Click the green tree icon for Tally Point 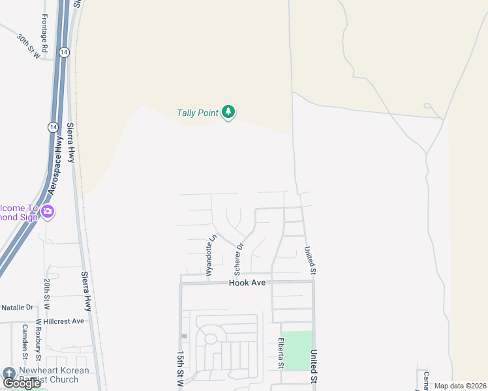(x=228, y=113)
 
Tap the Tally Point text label (x=197, y=113)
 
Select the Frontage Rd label (x=44, y=34)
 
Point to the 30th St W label (x=28, y=47)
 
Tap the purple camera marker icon (x=47, y=212)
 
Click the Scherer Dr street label (x=239, y=258)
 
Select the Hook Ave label (x=247, y=283)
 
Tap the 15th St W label (x=180, y=368)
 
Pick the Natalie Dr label (x=17, y=307)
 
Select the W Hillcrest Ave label (x=60, y=321)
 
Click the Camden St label (x=25, y=341)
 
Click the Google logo (x=22, y=383)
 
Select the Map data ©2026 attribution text (x=461, y=386)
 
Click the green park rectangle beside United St (x=296, y=351)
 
